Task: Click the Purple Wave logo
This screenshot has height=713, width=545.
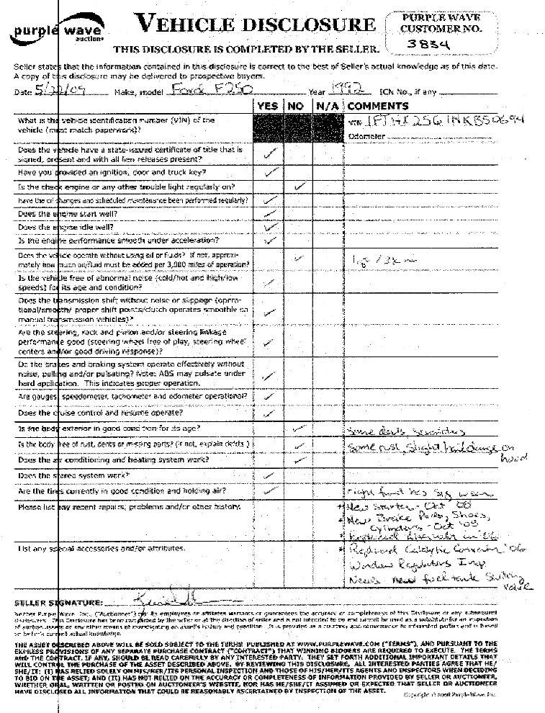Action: click(57, 32)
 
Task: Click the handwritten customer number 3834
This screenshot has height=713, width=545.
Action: click(436, 44)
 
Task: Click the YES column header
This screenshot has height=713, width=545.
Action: click(268, 106)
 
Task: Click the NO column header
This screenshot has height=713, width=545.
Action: click(295, 106)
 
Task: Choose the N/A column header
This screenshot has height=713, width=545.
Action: click(323, 106)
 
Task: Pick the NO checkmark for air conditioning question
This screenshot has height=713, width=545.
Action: click(299, 459)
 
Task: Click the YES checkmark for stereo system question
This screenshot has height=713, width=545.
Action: click(269, 475)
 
